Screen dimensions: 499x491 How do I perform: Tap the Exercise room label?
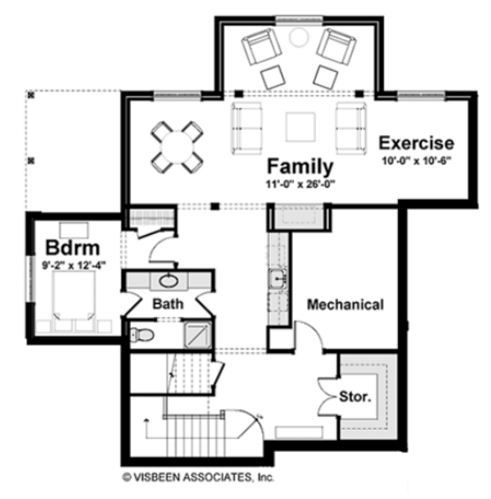tap(416, 142)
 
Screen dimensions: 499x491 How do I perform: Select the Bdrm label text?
tap(73, 248)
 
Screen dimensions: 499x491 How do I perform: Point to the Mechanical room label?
tap(345, 304)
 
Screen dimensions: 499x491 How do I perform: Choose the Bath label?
tap(168, 304)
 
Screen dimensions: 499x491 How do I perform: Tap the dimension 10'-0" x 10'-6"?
tap(416, 160)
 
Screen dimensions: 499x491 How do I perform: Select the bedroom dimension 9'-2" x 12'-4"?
tap(73, 265)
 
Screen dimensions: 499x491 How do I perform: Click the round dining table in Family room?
tap(177, 144)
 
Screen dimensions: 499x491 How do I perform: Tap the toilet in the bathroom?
tap(142, 334)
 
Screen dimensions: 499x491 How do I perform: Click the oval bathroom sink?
tap(168, 280)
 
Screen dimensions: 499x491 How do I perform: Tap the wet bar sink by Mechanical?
tap(277, 279)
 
